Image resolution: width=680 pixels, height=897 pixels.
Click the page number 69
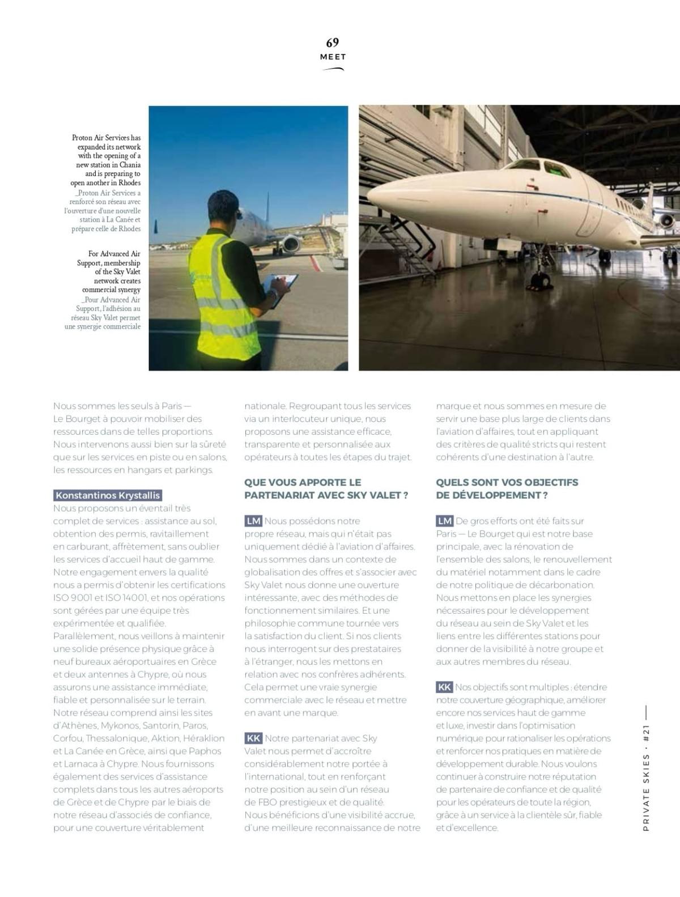coord(332,42)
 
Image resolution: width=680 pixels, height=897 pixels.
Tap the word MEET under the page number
coord(333,57)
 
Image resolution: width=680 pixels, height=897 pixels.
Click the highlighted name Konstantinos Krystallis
coord(108,495)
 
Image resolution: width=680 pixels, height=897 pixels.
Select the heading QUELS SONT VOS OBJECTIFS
coord(507,482)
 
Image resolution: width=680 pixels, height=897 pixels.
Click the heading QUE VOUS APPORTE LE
coord(303,482)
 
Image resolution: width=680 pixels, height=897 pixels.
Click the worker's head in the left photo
coord(224,208)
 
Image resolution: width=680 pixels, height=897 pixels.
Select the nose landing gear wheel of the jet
coord(541,280)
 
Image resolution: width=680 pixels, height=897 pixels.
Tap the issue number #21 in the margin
coord(646,734)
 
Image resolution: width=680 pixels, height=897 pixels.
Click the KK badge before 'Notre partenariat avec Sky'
coord(253,738)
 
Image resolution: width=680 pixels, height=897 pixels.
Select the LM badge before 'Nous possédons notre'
coord(253,521)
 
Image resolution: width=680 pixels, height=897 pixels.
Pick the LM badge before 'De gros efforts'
coord(445,521)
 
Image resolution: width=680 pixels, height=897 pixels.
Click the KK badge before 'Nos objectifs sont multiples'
coord(444,687)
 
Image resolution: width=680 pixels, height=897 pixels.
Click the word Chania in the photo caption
coord(130,165)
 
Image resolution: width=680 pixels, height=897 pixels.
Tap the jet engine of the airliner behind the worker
coord(291,244)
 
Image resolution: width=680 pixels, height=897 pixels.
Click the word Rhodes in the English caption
coord(129,183)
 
